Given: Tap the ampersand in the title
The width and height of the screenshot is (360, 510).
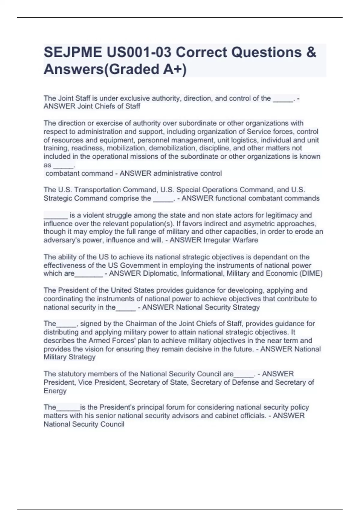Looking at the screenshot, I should (311, 52).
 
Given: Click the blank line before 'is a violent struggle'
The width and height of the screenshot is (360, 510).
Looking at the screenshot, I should (56, 215).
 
